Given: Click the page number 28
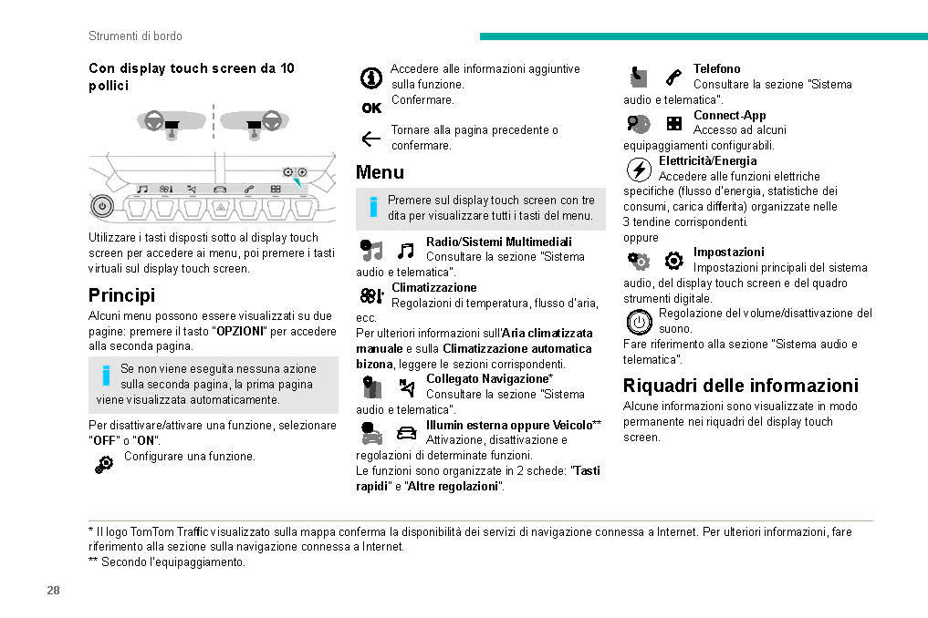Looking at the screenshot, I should [x=53, y=591].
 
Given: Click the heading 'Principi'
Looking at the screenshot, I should [x=121, y=295].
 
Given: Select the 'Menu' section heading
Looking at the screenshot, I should [x=380, y=172].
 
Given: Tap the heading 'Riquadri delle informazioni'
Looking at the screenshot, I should [x=740, y=386].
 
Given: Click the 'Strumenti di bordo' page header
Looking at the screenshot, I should [x=135, y=36].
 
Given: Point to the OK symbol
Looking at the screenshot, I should [x=371, y=108].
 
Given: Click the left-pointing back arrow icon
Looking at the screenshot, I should [x=370, y=139].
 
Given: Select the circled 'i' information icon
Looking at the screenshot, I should [x=371, y=78].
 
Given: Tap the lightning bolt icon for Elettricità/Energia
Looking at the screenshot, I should [x=640, y=170].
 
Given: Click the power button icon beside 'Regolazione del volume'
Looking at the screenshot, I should [x=640, y=322].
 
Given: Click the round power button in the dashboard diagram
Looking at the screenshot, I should [x=102, y=206].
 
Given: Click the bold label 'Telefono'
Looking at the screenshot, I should [x=716, y=69].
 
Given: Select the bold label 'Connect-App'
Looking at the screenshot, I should [x=729, y=116].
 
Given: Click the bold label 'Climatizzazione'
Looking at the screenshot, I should [x=433, y=288].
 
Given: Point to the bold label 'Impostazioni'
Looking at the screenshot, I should [x=728, y=252].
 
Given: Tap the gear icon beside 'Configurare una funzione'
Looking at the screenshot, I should [x=105, y=463].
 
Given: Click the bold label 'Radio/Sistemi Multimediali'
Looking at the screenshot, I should [x=498, y=242].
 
